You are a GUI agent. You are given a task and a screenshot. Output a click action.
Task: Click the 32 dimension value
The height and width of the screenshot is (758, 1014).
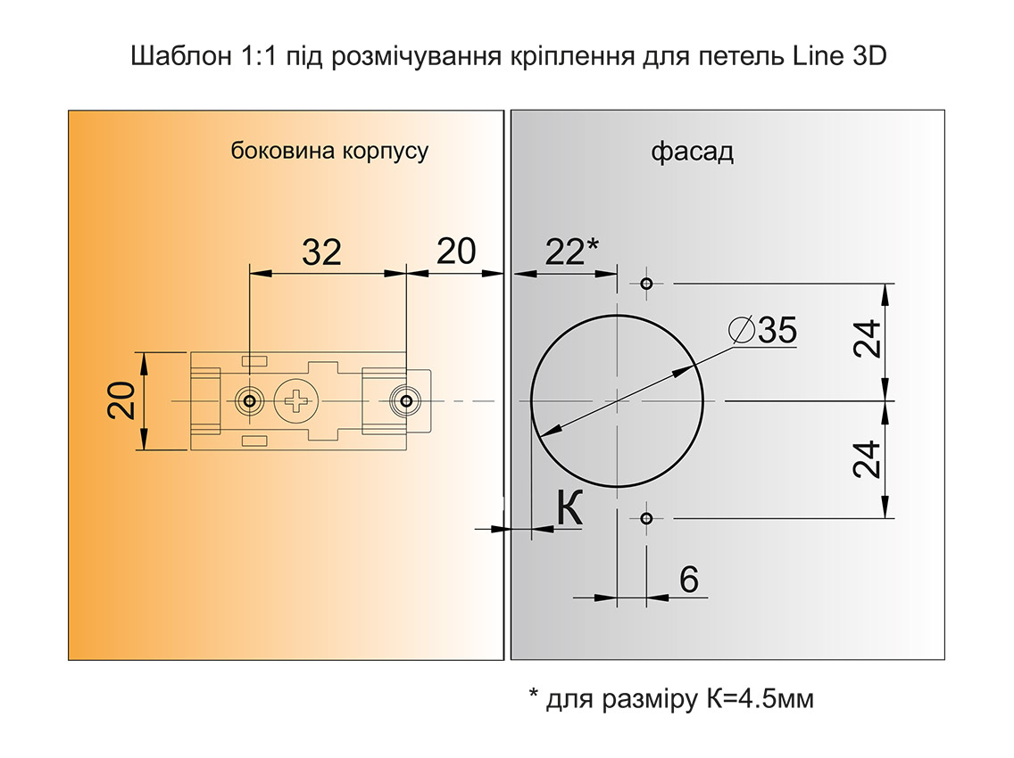[x=321, y=252]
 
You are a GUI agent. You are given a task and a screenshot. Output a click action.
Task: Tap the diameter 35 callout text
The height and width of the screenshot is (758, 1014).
[x=762, y=330]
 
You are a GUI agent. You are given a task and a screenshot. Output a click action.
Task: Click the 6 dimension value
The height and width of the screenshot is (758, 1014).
[x=688, y=580]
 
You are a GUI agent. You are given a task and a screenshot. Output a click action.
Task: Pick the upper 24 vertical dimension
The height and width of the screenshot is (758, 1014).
[x=868, y=339]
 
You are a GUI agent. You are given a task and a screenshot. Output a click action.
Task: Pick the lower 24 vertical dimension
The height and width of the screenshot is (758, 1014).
[x=868, y=459]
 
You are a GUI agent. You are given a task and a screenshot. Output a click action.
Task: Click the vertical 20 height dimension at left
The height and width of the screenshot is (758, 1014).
[x=122, y=400]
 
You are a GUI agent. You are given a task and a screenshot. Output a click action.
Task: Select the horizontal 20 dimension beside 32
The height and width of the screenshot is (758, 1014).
[x=456, y=252]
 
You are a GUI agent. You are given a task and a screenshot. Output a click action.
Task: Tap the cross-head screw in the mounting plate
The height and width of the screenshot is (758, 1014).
[x=295, y=401]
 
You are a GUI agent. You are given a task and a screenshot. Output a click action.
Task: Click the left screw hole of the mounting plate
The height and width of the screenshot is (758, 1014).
[x=249, y=401]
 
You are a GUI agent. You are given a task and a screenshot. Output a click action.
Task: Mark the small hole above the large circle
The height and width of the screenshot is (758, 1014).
[x=646, y=284]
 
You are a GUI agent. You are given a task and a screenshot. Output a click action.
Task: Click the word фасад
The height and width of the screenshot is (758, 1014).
[x=692, y=152]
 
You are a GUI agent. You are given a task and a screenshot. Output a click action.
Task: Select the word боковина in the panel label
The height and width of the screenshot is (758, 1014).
[x=271, y=151]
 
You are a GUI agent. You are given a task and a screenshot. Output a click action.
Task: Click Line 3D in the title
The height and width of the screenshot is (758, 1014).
[x=837, y=57]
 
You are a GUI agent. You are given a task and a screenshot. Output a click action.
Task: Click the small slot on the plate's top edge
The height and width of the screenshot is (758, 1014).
[x=254, y=360]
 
